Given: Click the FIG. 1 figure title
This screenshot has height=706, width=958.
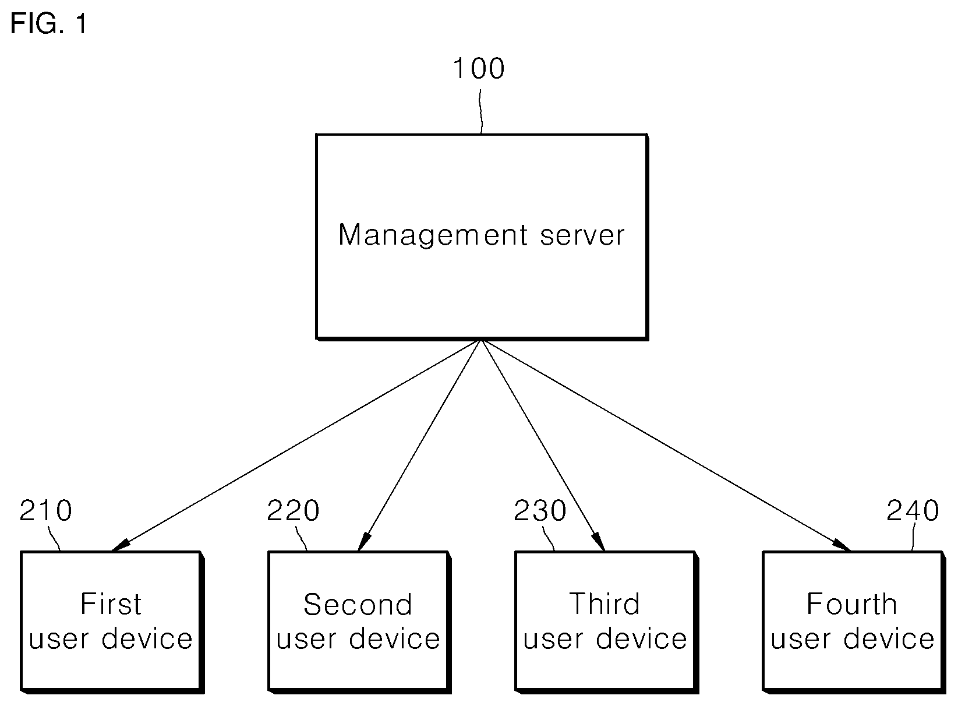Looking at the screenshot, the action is [48, 23].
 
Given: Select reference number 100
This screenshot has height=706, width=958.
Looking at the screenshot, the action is [479, 69].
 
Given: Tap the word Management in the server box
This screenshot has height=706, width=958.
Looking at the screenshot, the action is [433, 236].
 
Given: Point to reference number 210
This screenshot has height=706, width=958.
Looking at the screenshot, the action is [46, 510].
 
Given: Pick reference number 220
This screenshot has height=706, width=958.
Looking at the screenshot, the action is [293, 510].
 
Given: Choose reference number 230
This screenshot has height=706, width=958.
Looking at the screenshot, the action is [540, 510].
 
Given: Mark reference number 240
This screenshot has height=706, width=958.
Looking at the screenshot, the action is [913, 510].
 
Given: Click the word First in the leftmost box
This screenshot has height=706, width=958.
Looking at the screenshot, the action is [111, 604].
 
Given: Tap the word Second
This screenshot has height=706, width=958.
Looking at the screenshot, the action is [358, 605].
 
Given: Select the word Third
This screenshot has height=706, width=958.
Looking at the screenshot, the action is [605, 604].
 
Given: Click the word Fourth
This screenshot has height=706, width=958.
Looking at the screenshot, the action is [852, 604].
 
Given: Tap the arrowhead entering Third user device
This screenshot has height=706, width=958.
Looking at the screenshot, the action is [599, 542].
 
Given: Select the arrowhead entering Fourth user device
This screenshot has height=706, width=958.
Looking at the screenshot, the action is [842, 545].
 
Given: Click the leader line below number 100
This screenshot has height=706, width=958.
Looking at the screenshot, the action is [480, 112].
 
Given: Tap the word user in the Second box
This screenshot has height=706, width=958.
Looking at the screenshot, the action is [306, 641].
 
